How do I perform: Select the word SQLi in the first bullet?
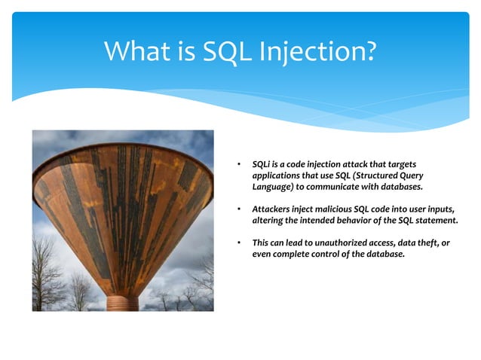(x=261, y=163)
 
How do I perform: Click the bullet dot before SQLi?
(x=237, y=163)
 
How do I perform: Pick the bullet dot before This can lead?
(x=237, y=242)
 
